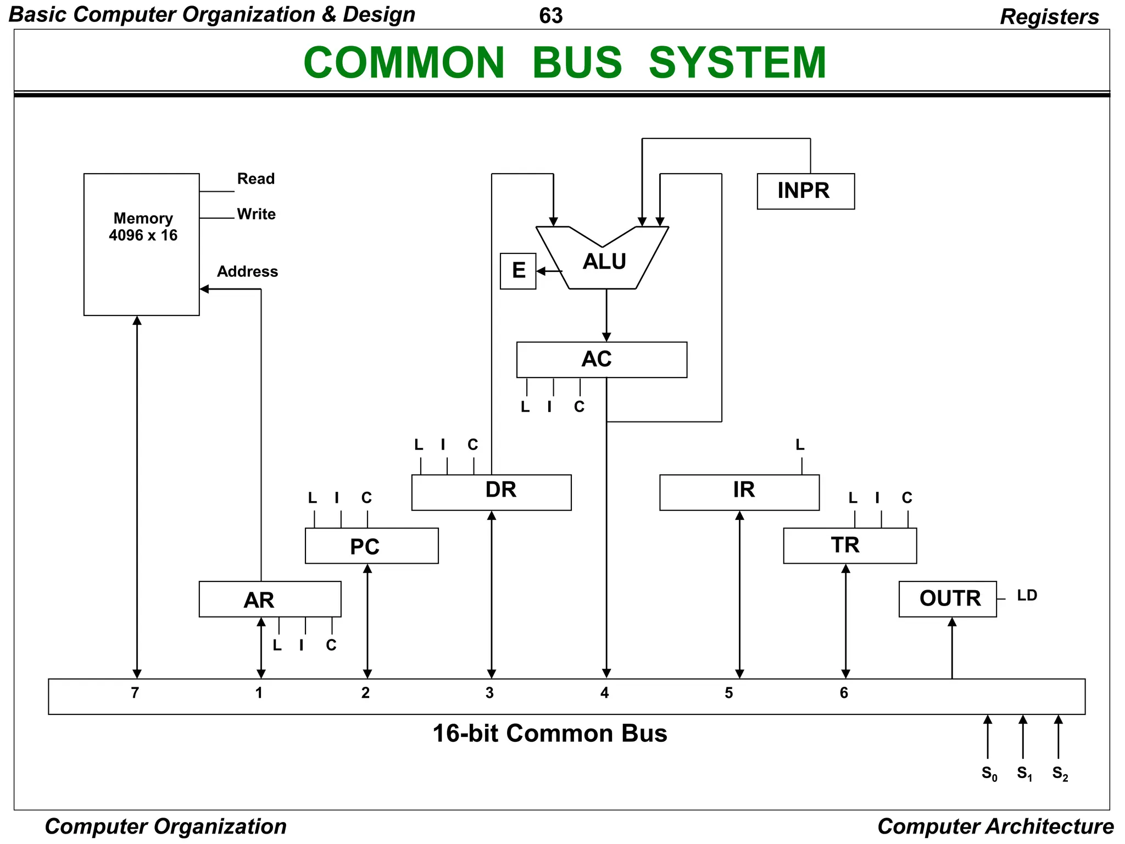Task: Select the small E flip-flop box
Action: pos(517,270)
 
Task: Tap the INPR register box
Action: pos(805,191)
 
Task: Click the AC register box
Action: pos(601,359)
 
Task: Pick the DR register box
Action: pos(491,492)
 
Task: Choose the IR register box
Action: pos(739,492)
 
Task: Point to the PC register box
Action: pos(371,546)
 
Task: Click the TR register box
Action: pos(849,546)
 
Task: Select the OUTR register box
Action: pos(947,598)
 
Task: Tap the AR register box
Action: pos(269,599)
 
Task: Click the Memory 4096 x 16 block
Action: pos(141,244)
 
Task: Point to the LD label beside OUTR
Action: pos(1026,595)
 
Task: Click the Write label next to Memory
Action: pos(256,214)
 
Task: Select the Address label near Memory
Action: pos(247,271)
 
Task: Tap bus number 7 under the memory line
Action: pos(135,692)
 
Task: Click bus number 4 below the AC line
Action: pos(604,692)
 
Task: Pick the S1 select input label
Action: pos(1024,773)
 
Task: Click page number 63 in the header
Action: pos(550,16)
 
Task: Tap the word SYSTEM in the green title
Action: pos(737,62)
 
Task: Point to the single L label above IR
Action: pos(800,445)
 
